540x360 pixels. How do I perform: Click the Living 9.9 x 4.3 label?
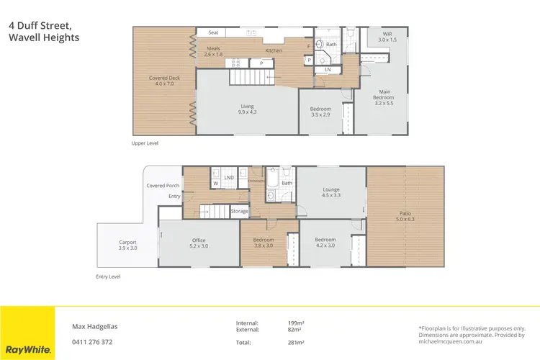247,109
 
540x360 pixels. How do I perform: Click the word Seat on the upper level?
213,32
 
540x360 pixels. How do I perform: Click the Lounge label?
331,192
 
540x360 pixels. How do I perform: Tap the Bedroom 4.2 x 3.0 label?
325,243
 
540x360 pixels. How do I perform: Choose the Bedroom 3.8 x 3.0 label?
263,243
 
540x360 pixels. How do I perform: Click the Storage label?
240,211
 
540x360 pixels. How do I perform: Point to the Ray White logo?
27,349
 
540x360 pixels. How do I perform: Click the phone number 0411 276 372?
92,342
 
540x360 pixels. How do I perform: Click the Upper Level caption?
145,143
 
